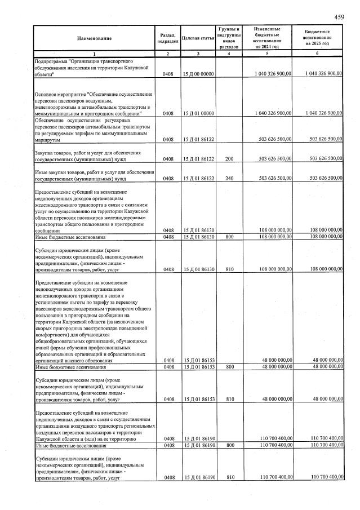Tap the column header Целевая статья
[x=198, y=38]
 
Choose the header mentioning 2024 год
[x=267, y=38]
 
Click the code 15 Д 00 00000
[x=198, y=74]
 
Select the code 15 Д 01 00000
[x=198, y=113]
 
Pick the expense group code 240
[x=229, y=179]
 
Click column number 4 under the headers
[x=229, y=54]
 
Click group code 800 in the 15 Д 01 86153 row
[x=229, y=367]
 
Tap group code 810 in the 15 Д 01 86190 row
[x=229, y=478]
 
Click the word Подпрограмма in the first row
[x=50, y=60]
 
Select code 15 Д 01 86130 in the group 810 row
[x=198, y=270]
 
